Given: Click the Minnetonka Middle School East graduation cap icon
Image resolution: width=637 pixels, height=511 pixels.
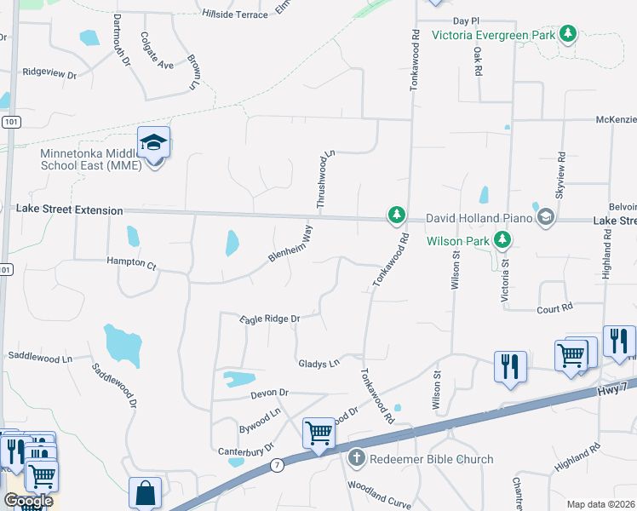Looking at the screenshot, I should pyautogui.click(x=154, y=142).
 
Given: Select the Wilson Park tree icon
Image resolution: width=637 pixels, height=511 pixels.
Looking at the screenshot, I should pyautogui.click(x=503, y=240).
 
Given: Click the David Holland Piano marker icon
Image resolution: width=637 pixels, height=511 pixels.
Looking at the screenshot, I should pyautogui.click(x=546, y=219).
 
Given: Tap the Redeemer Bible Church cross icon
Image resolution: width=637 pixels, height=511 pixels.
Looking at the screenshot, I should pyautogui.click(x=356, y=459).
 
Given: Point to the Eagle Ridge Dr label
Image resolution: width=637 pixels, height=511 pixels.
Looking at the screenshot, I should pyautogui.click(x=271, y=319).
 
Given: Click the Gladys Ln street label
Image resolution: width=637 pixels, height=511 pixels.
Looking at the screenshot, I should pyautogui.click(x=318, y=364).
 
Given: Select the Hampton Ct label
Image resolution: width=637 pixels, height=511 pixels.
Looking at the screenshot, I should pyautogui.click(x=131, y=264).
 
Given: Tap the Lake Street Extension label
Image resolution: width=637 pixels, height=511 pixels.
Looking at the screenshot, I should pyautogui.click(x=70, y=209).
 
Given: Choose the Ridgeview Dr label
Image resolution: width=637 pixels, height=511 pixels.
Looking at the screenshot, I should pyautogui.click(x=49, y=74).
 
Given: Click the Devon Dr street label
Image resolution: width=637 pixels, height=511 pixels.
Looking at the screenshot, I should pyautogui.click(x=271, y=393).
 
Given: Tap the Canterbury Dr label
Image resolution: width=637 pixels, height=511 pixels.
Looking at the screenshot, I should pyautogui.click(x=245, y=448).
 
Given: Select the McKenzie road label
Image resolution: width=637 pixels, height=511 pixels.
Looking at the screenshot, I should pyautogui.click(x=616, y=120).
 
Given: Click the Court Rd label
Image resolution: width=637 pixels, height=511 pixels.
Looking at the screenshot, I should pyautogui.click(x=554, y=310).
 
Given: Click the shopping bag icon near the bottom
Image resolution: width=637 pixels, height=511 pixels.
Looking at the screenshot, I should pyautogui.click(x=145, y=492).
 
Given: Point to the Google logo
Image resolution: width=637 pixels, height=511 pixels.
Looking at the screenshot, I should pyautogui.click(x=28, y=501).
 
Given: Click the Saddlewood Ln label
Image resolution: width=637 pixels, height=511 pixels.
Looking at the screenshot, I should pyautogui.click(x=40, y=355).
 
